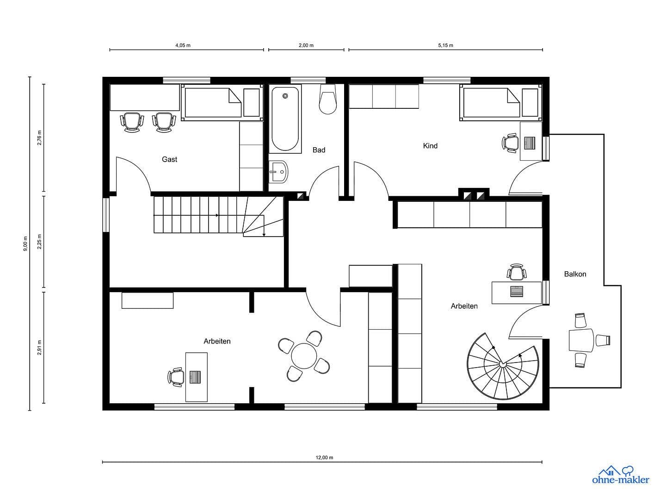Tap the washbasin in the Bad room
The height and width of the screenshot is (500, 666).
pos(278,172)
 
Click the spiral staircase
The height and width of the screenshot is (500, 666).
pos(503,366)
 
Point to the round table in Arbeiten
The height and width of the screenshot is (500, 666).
pos(304,356)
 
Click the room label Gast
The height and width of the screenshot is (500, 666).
pos(169,159)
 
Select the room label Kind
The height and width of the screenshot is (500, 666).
pos(430,146)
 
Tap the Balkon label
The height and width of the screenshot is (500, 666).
pos(575,274)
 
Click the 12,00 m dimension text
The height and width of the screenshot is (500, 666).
pos(324,457)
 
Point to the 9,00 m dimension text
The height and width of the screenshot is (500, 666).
pos(25,244)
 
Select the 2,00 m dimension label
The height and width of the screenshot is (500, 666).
pos(306,45)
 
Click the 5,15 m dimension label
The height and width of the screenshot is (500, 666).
pos(445,45)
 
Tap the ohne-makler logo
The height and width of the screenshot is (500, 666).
pos(620,475)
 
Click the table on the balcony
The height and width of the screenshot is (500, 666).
pos(581,340)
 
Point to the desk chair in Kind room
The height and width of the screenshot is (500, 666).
pos(511,143)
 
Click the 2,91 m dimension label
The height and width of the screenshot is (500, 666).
pos(40,347)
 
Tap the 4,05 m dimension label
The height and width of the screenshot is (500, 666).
pos(183,45)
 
